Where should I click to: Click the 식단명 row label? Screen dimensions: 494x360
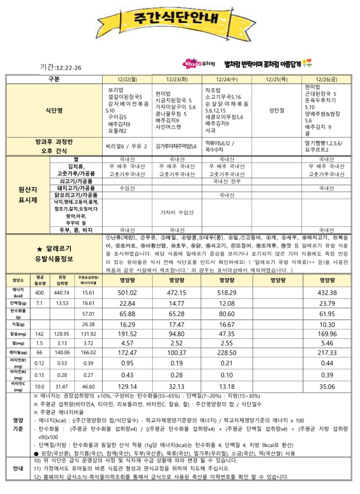tap(53, 110)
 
